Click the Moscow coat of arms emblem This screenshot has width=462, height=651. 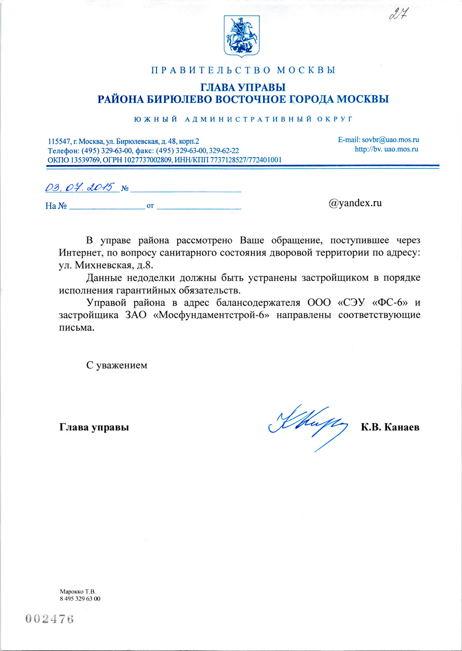[241, 36]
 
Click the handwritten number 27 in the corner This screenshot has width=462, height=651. [398, 14]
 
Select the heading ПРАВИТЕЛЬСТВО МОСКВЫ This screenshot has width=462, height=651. [243, 70]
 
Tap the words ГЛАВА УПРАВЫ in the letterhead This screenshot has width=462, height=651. [243, 87]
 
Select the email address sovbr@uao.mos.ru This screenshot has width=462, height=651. [390, 140]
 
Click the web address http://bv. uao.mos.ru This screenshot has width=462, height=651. [386, 149]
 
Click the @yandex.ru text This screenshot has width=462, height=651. [355, 203]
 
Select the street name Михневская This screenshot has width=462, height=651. [102, 265]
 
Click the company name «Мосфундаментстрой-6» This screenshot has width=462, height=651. [212, 315]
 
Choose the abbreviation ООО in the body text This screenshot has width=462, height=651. [319, 302]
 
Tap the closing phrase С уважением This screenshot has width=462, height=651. [117, 365]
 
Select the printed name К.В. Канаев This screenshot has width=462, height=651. [390, 427]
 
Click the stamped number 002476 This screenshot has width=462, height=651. [50, 619]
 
